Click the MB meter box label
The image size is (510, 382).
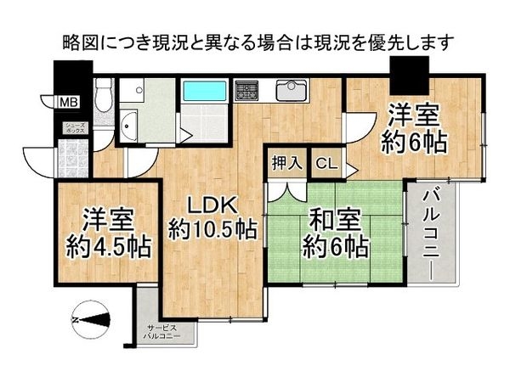tap(69, 103)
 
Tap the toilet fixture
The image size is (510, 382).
tap(104, 95)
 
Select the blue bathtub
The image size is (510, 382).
tap(205, 91)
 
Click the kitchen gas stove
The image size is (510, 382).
tap(247, 89)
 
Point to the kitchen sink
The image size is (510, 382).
tap(291, 91)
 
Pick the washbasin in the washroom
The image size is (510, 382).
tap(128, 125)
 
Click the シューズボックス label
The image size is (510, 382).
tap(75, 128)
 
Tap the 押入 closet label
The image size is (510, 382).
tap(287, 163)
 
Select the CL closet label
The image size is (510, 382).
tap(327, 164)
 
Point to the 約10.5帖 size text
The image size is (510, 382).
tap(212, 231)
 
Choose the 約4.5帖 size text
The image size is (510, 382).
tap(109, 248)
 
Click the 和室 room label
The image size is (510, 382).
tap(335, 221)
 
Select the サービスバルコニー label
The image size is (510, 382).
tap(162, 332)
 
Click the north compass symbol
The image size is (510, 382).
tap(92, 320)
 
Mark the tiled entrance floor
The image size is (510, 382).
tap(73, 158)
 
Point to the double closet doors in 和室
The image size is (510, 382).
tap(287, 192)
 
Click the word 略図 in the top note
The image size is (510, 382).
tap(76, 42)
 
